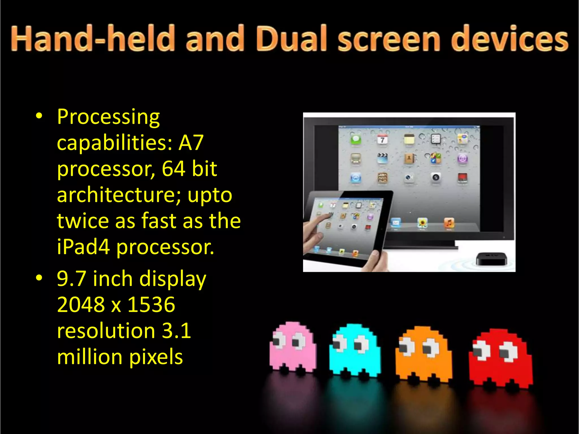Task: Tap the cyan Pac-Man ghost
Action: (x=355, y=350)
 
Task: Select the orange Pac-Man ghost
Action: (x=423, y=354)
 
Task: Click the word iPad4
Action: (x=83, y=247)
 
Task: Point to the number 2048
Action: (x=81, y=305)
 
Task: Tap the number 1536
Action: (x=151, y=305)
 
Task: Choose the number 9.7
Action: (x=71, y=279)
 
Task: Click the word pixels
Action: (x=156, y=357)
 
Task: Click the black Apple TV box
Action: (x=492, y=258)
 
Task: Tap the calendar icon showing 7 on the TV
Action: (x=383, y=139)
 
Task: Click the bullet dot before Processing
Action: (x=39, y=116)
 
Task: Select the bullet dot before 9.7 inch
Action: (x=39, y=278)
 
